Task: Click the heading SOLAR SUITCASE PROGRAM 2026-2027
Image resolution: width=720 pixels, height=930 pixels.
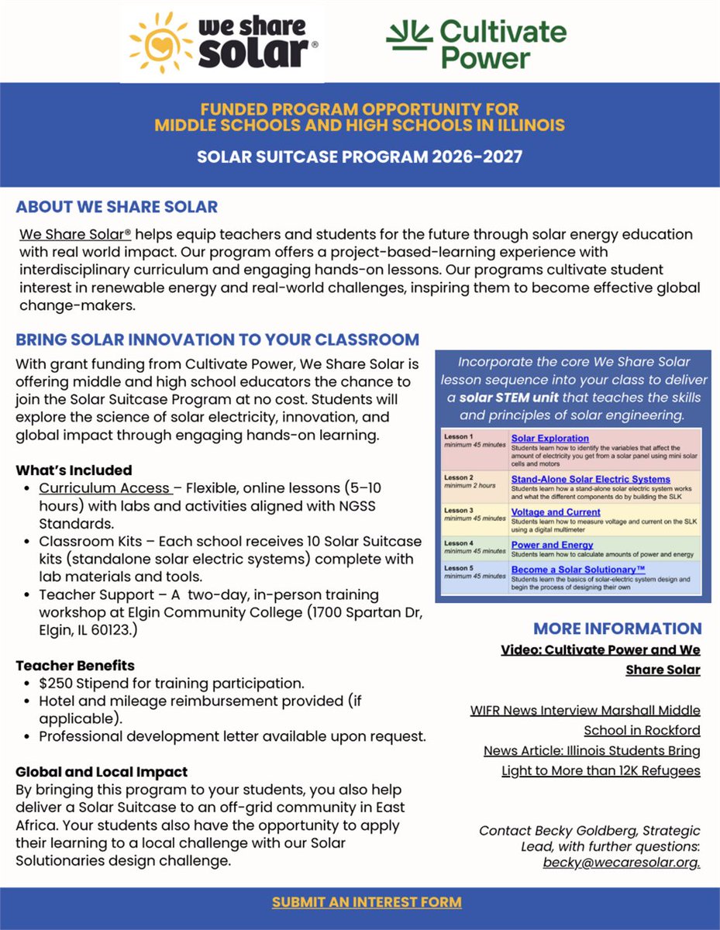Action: (x=360, y=157)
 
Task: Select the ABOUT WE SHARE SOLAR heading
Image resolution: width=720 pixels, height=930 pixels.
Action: (x=117, y=207)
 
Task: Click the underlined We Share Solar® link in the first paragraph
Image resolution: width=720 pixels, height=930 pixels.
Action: (x=70, y=234)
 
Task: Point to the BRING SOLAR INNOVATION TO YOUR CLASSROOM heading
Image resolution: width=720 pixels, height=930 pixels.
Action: (x=218, y=339)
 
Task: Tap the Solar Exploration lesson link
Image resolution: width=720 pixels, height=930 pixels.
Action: (x=549, y=439)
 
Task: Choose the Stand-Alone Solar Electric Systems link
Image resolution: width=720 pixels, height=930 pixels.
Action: (x=591, y=479)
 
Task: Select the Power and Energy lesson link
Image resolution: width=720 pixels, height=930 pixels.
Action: (x=552, y=545)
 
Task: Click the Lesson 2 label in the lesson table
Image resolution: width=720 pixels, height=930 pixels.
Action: (x=457, y=477)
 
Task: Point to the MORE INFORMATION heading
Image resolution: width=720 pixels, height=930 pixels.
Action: (x=617, y=629)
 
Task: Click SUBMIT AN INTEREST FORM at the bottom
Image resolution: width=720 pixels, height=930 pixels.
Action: (x=367, y=902)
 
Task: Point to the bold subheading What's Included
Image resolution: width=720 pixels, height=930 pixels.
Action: (x=74, y=470)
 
